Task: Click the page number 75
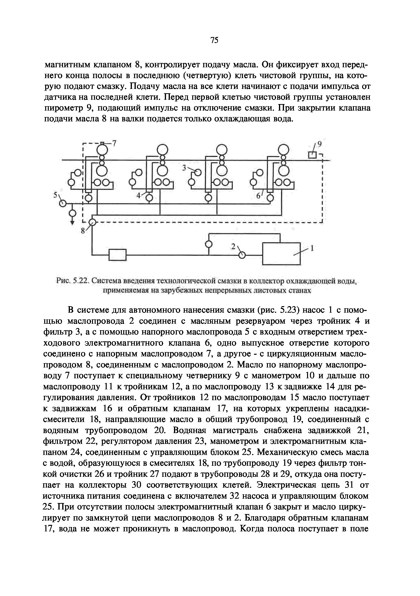214,40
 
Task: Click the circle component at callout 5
62,203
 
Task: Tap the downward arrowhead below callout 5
73,222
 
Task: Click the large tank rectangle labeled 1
281,253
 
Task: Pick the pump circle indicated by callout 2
242,255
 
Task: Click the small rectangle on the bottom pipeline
117,255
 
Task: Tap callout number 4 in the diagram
139,195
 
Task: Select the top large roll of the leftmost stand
102,149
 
